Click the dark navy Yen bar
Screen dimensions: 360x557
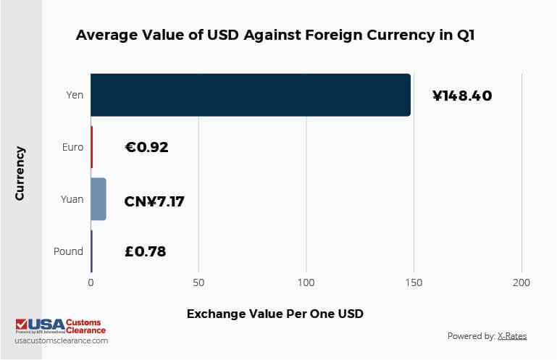[x=250, y=95]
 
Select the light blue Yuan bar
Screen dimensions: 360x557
[x=99, y=199]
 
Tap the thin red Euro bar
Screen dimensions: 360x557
[x=92, y=147]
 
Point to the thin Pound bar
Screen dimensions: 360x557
[x=91, y=251]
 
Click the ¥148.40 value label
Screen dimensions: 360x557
[x=462, y=95]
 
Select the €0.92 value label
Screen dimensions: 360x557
[x=146, y=147]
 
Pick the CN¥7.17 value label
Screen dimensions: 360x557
[x=154, y=200]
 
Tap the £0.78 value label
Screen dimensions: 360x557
[x=146, y=252]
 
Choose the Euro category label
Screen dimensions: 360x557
[x=72, y=147]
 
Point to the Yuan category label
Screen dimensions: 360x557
[x=72, y=199]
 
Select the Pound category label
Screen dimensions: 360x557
[x=69, y=252]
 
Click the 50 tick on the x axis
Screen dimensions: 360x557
[x=198, y=282]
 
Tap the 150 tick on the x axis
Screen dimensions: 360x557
[x=414, y=282]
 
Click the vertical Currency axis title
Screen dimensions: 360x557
[x=20, y=174]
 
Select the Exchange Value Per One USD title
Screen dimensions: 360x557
[x=275, y=314]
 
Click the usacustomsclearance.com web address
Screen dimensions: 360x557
[x=62, y=340]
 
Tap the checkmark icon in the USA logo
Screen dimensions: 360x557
[x=22, y=324]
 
